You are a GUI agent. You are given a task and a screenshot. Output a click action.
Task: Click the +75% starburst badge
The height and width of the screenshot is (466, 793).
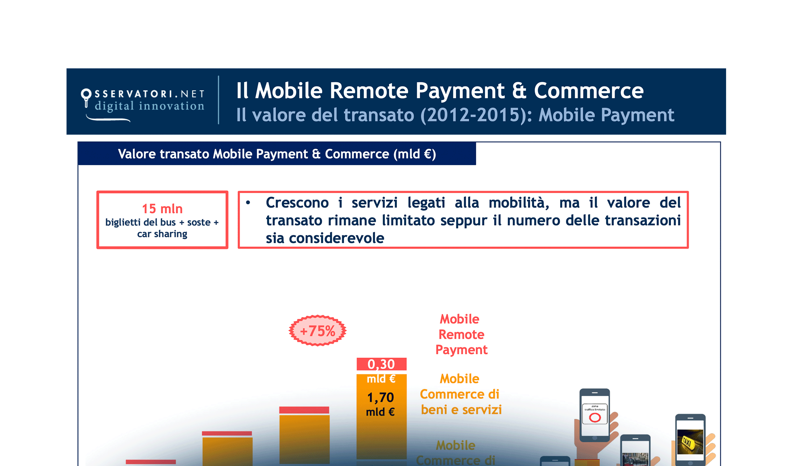point(318,331)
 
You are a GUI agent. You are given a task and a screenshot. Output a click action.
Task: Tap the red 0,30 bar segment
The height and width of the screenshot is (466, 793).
point(381,364)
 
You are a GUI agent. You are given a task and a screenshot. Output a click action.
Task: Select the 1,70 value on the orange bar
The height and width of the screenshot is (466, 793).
point(381,397)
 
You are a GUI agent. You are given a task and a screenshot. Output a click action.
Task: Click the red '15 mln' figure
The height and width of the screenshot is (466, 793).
point(162,209)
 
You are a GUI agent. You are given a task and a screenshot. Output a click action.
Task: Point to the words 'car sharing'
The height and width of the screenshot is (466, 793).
point(162,234)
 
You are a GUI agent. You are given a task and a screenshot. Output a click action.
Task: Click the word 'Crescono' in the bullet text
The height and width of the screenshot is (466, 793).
point(297,203)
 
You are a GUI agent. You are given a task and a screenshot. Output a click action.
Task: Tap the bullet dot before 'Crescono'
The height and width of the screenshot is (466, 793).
point(248,202)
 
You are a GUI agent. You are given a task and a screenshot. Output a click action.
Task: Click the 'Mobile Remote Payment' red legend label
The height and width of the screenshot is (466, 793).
point(461,334)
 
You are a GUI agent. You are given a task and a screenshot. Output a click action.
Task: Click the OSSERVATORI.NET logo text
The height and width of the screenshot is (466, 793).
point(149,94)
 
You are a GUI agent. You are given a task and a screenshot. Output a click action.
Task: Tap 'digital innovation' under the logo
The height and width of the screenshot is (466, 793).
point(149,106)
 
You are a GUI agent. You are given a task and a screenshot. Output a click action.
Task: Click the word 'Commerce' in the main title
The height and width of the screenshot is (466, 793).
point(589,91)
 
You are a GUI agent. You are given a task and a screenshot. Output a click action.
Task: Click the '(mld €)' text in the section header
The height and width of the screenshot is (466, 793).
point(415,154)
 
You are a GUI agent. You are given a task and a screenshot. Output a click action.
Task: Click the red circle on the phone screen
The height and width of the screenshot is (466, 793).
point(595,418)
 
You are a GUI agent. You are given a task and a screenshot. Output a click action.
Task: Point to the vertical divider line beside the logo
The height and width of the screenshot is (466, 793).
point(218,100)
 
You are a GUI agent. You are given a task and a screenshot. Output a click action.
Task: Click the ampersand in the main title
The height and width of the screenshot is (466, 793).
point(519,91)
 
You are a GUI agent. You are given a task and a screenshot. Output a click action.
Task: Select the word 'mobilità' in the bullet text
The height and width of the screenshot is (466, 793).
point(519,203)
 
